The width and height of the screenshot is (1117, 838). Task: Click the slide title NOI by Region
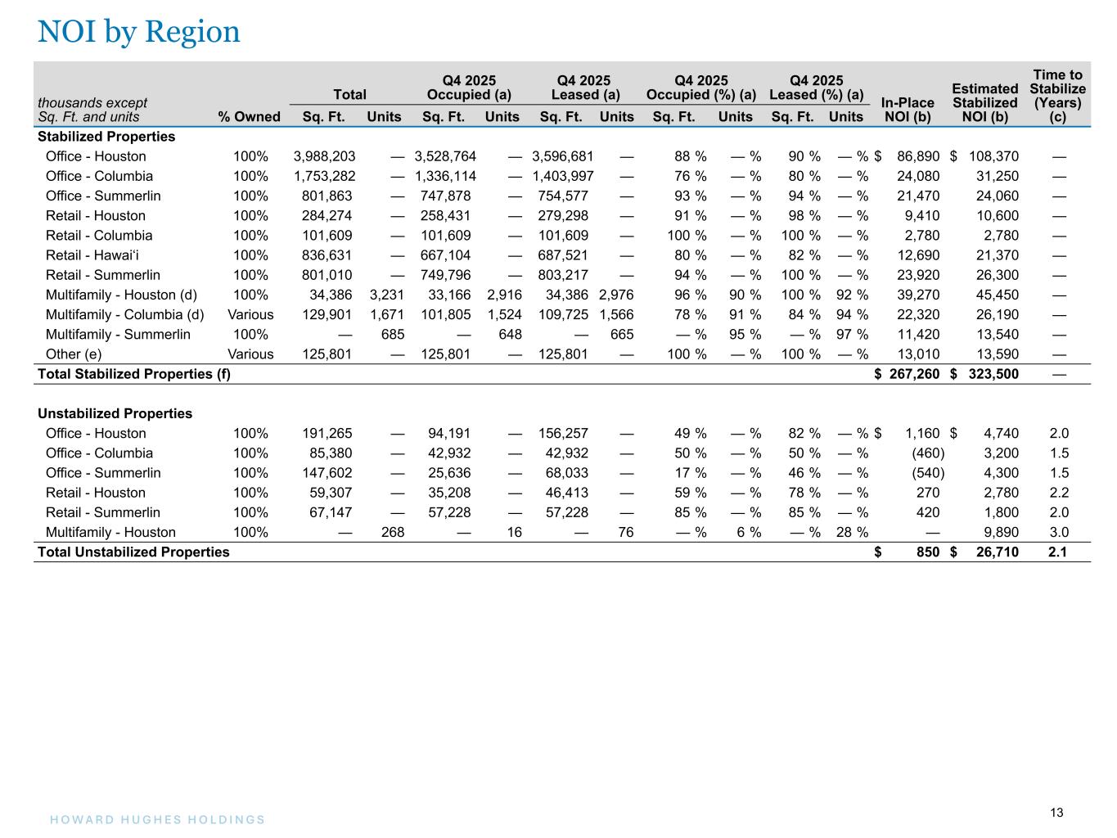(x=139, y=32)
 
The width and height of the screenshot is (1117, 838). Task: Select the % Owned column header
(x=249, y=116)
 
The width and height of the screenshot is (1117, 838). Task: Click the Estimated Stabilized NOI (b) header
(x=984, y=102)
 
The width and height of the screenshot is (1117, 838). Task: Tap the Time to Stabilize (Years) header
(x=1057, y=96)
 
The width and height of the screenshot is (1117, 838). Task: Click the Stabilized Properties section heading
(x=106, y=137)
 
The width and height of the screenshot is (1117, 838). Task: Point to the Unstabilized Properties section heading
(x=115, y=413)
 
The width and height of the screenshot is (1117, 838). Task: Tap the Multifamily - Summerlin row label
(x=118, y=335)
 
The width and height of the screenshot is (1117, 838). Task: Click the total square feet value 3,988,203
(x=324, y=156)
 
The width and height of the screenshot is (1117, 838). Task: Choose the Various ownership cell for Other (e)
(x=250, y=354)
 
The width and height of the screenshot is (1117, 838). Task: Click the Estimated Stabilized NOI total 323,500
(x=992, y=374)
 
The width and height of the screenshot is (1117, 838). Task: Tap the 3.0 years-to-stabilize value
(x=1059, y=533)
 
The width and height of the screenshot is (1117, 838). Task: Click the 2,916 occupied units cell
(x=504, y=295)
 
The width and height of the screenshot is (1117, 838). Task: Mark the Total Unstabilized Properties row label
(x=133, y=552)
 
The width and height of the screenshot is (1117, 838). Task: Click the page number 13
(x=1056, y=813)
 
